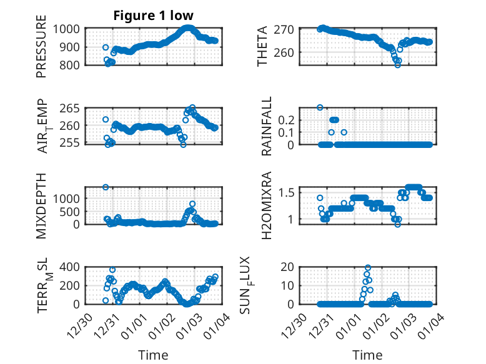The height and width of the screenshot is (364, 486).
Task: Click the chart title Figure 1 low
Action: click(153, 16)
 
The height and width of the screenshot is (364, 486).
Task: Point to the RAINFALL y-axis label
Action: click(267, 126)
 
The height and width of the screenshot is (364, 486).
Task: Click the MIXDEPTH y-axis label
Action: click(42, 206)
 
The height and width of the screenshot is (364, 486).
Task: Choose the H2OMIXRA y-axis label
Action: click(267, 206)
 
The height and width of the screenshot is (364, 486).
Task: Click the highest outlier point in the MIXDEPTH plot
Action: click(106, 187)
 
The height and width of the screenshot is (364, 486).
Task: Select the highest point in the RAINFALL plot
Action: click(320, 107)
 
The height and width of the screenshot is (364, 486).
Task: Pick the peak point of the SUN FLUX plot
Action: click(368, 268)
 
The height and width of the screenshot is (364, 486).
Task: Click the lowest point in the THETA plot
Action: click(397, 65)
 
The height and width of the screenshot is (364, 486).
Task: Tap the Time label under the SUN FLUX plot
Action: click(367, 355)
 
